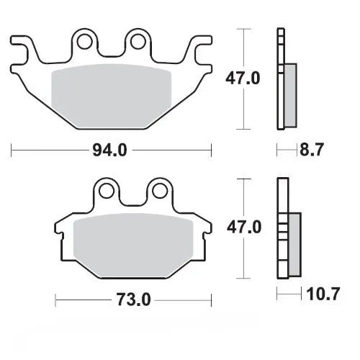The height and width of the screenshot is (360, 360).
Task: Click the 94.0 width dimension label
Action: tap(112, 150)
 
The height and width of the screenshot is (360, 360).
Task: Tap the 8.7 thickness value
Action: tap(312, 150)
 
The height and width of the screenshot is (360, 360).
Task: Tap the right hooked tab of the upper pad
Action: tap(201, 48)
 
